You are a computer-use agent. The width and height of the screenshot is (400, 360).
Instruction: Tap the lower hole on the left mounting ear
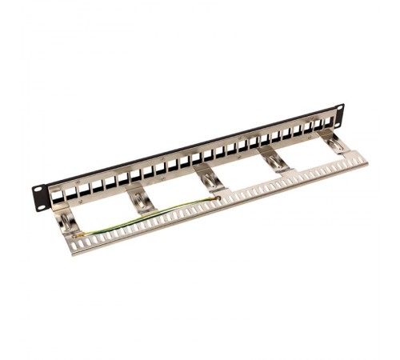39,197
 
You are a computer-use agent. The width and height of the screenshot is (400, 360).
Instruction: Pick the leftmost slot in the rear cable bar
80,243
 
